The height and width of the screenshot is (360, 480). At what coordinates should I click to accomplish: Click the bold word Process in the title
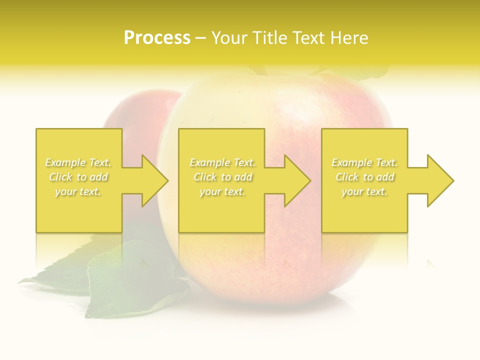[x=157, y=38]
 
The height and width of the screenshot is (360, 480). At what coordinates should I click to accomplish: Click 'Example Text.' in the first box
[x=78, y=162]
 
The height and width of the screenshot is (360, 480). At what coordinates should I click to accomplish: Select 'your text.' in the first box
[x=78, y=191]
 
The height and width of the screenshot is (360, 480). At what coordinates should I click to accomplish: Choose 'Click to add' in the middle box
[x=222, y=177]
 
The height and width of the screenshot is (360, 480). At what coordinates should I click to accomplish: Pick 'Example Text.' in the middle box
[x=222, y=162]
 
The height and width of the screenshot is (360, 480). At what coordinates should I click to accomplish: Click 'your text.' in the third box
[x=364, y=191]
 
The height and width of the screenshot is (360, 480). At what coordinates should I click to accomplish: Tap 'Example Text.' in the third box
[x=364, y=162]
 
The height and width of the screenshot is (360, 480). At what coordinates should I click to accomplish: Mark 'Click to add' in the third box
[x=364, y=177]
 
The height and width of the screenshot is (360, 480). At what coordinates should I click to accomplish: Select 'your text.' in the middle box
[x=222, y=191]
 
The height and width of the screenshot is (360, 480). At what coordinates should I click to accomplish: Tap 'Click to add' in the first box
[x=78, y=177]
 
